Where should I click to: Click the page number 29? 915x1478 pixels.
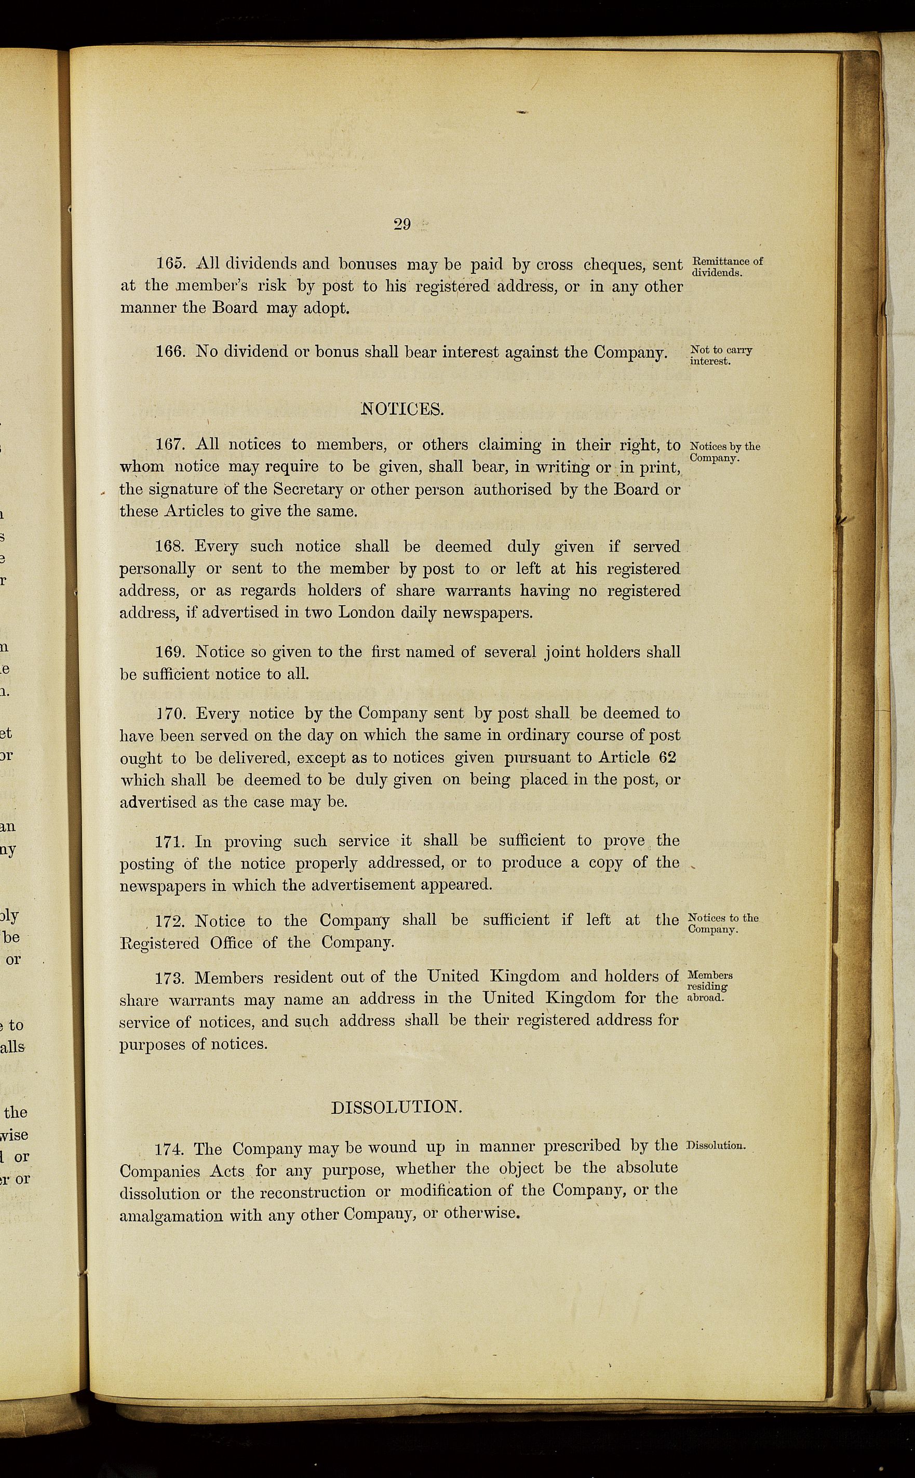point(402,224)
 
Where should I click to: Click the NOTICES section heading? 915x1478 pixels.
point(402,409)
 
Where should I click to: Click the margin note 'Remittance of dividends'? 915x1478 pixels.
point(726,267)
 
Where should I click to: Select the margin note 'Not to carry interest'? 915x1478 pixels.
point(720,356)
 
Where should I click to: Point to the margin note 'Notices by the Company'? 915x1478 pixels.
point(724,451)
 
